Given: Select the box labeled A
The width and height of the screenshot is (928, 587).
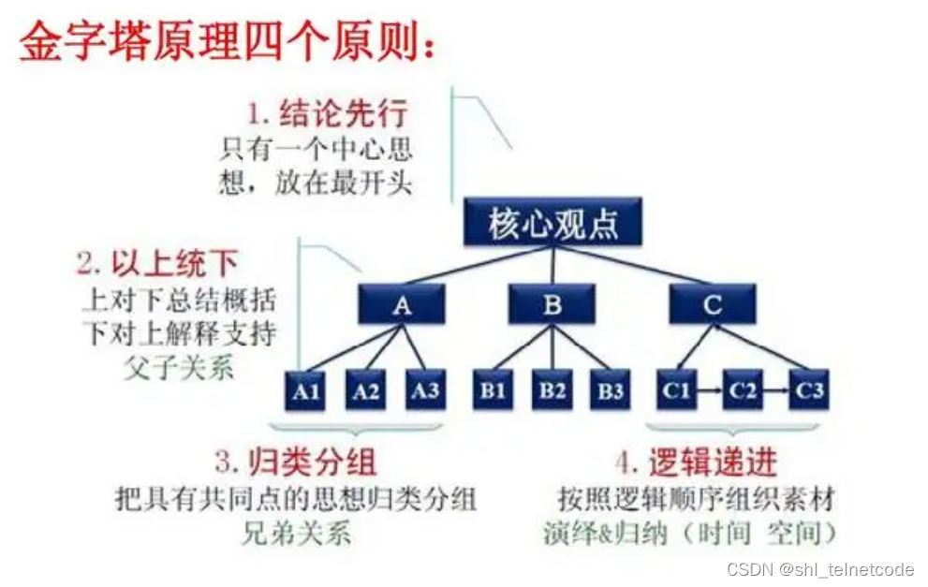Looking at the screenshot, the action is tap(401, 304).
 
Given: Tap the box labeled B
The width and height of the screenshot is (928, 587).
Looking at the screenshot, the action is tap(552, 304).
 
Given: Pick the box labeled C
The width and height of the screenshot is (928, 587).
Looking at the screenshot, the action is tap(713, 304).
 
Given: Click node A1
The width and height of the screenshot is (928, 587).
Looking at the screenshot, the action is tap(306, 389).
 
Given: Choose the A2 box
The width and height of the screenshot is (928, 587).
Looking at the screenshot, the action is tap(366, 389).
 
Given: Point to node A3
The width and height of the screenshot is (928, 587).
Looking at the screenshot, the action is tap(425, 389).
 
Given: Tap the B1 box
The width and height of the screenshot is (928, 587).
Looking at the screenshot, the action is tap(493, 389).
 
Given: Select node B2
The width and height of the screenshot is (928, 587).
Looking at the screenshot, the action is tap(552, 389).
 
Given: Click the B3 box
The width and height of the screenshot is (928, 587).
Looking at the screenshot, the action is tap(611, 389).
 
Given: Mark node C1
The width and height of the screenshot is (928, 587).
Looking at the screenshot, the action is tap(676, 389).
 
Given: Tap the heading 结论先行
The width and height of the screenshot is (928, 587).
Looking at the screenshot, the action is tap(342, 114).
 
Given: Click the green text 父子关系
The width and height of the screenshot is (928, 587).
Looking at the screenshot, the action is tap(178, 367).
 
